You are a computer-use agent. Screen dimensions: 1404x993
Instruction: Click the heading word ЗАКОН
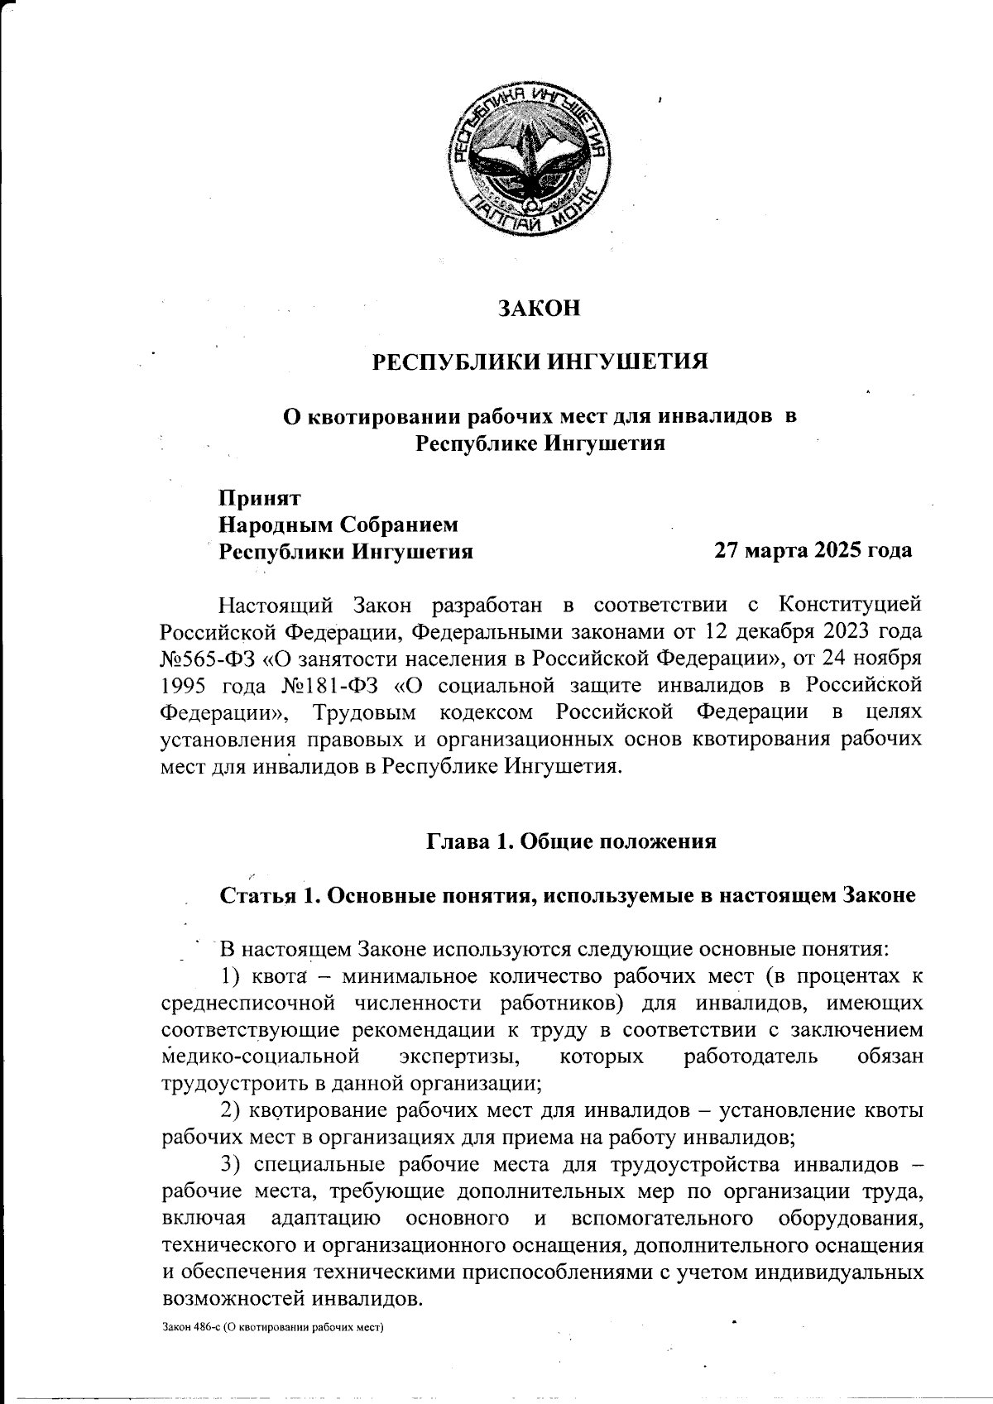tap(539, 309)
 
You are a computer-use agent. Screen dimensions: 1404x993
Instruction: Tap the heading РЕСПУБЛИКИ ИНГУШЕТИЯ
tap(539, 362)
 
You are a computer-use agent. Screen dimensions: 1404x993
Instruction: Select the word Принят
tap(259, 498)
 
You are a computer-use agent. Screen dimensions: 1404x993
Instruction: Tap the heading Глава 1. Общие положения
tap(570, 842)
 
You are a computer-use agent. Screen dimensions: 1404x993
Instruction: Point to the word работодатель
tap(751, 1057)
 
